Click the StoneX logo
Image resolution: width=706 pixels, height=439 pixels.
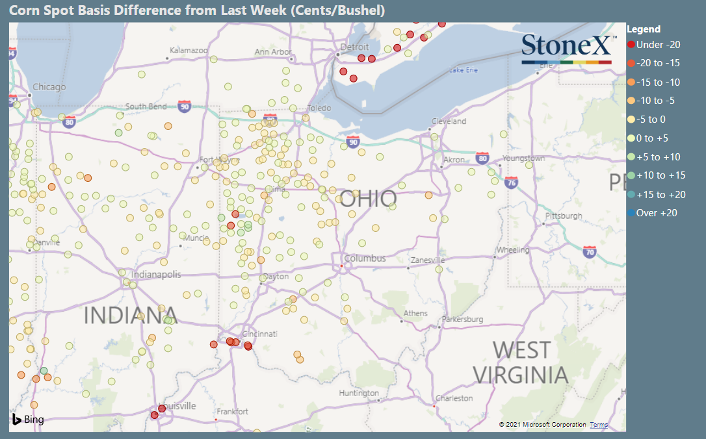tap(566, 48)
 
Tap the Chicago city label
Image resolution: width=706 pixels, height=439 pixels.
tap(49, 87)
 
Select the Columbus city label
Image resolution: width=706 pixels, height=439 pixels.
tap(365, 258)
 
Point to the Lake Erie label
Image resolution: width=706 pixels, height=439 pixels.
tap(464, 70)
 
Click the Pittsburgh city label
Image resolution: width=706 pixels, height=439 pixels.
tap(563, 216)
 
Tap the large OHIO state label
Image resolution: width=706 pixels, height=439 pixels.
tap(368, 199)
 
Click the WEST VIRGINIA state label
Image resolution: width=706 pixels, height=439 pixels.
tap(520, 362)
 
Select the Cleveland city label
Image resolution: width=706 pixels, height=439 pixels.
tap(449, 121)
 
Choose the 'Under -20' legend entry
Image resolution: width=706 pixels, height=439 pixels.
tap(658, 45)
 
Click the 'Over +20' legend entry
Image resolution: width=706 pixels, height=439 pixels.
tap(657, 213)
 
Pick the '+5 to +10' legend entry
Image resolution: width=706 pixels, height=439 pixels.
tap(658, 157)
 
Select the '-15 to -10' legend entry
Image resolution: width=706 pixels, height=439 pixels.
tap(658, 82)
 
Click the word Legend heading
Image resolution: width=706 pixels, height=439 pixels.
tap(644, 29)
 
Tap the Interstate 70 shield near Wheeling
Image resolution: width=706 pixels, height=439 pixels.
tap(590, 252)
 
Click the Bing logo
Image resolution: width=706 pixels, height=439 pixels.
tap(27, 419)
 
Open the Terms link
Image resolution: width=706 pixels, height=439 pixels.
tap(599, 425)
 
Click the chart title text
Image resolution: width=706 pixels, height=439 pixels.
tap(197, 10)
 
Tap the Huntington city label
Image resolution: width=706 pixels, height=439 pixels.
tap(359, 394)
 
